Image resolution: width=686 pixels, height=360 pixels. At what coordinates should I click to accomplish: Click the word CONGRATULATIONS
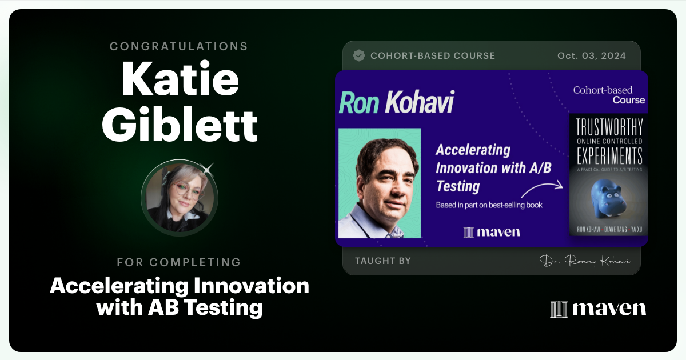pyautogui.click(x=179, y=46)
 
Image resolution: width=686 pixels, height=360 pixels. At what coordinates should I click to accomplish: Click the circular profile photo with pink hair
pyautogui.click(x=180, y=197)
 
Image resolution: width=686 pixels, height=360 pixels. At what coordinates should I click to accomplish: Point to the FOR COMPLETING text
pyautogui.click(x=179, y=262)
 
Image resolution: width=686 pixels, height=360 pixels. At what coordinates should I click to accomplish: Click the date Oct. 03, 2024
pyautogui.click(x=591, y=55)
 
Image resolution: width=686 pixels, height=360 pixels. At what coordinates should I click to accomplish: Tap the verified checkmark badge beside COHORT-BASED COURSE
pyautogui.click(x=359, y=55)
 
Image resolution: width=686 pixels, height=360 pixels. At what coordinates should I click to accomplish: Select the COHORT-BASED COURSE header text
pyautogui.click(x=433, y=55)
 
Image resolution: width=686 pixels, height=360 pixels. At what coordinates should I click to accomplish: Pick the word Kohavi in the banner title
pyautogui.click(x=419, y=102)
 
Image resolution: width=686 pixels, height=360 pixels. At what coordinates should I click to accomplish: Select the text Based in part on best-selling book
pyautogui.click(x=489, y=205)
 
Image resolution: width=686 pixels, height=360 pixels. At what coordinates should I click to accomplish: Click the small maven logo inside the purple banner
pyautogui.click(x=492, y=232)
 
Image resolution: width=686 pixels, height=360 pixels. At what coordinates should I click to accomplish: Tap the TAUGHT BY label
pyautogui.click(x=382, y=261)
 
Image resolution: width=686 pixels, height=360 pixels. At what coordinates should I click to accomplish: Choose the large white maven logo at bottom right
pyautogui.click(x=598, y=309)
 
